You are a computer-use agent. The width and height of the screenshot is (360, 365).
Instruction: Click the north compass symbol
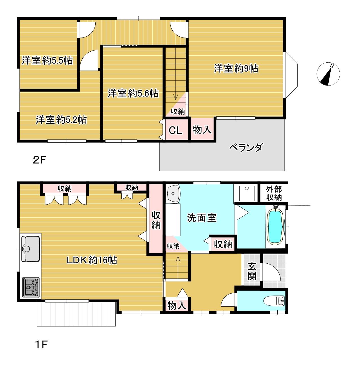click(x=328, y=74)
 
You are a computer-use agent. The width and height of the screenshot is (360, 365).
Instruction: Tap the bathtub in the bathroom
click(x=275, y=227)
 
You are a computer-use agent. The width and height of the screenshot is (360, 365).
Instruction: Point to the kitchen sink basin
click(x=31, y=248)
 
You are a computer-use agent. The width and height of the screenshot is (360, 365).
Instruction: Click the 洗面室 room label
click(x=202, y=218)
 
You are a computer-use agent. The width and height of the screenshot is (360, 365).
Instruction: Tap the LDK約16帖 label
click(x=92, y=260)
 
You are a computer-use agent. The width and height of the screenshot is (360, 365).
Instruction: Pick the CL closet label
click(x=175, y=130)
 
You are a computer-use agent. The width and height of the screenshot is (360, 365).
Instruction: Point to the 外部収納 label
click(x=274, y=193)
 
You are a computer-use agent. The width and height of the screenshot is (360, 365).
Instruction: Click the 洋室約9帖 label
click(x=236, y=68)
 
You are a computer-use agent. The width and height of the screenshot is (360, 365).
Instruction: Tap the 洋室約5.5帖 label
click(x=47, y=60)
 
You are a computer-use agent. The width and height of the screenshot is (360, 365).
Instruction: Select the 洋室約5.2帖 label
click(x=61, y=119)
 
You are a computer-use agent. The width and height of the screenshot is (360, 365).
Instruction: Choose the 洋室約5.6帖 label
click(x=133, y=93)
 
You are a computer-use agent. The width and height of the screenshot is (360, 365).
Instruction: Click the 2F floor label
click(x=39, y=160)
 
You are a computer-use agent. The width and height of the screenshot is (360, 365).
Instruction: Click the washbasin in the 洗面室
click(x=173, y=193)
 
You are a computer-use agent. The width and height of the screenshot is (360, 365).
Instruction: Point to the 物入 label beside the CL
click(x=202, y=130)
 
